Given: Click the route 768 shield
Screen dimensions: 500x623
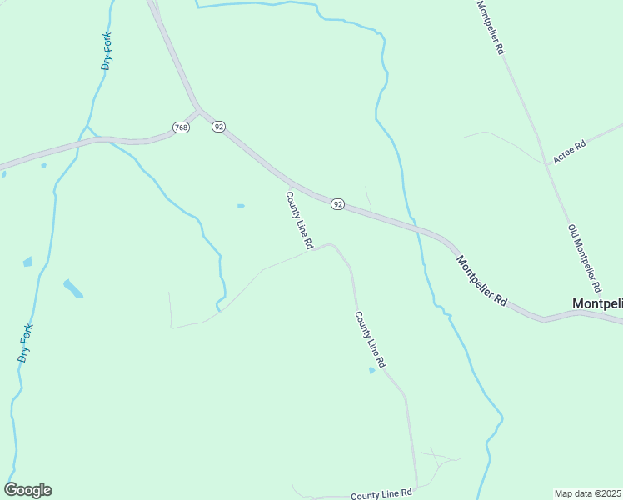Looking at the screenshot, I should pyautogui.click(x=182, y=127).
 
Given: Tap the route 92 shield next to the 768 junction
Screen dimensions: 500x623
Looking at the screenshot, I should pyautogui.click(x=218, y=126).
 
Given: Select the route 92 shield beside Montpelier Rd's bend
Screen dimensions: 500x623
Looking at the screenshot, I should pyautogui.click(x=337, y=204).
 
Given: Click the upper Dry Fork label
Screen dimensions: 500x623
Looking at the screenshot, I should pyautogui.click(x=107, y=52).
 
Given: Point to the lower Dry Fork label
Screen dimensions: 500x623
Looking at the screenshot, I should pyautogui.click(x=25, y=342).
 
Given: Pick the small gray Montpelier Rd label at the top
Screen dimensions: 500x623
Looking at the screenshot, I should pyautogui.click(x=491, y=27).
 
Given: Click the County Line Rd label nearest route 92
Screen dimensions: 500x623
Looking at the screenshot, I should pyautogui.click(x=298, y=221).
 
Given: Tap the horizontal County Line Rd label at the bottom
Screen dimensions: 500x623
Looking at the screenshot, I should pyautogui.click(x=381, y=494).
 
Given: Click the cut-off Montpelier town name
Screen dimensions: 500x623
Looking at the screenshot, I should pyautogui.click(x=597, y=304).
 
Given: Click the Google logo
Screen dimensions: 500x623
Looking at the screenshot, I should pyautogui.click(x=27, y=490).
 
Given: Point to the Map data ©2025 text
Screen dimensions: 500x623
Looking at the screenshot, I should pyautogui.click(x=588, y=493).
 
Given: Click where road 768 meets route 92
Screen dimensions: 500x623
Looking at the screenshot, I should pyautogui.click(x=199, y=109).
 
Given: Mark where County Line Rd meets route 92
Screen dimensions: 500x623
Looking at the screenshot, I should pyautogui.click(x=291, y=182).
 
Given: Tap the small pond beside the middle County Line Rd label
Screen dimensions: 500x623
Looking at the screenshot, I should pyautogui.click(x=371, y=371).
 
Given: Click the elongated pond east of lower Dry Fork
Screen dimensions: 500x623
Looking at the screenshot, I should pyautogui.click(x=73, y=288).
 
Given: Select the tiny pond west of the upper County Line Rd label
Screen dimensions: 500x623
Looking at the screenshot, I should pyautogui.click(x=241, y=206).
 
